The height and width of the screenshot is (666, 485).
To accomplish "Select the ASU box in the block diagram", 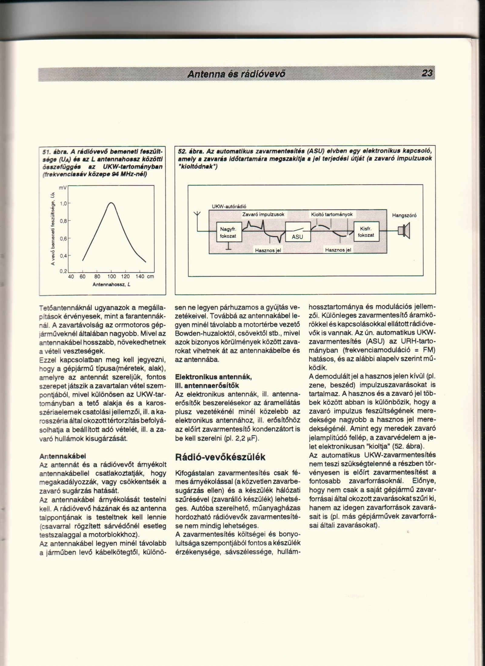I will click(x=298, y=232).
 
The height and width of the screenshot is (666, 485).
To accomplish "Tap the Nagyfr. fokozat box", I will click(x=229, y=232).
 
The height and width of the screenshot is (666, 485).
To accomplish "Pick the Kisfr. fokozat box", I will click(x=366, y=232).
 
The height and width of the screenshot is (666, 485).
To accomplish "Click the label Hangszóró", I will click(x=404, y=215).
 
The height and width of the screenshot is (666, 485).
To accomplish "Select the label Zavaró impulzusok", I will click(x=263, y=214).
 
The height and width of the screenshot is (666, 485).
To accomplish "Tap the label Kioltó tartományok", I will click(x=332, y=214).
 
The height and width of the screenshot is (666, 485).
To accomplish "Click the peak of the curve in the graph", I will click(x=111, y=203).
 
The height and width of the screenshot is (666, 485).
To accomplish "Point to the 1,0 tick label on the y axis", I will click(x=63, y=203).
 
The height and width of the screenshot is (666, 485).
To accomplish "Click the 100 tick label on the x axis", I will click(x=112, y=277).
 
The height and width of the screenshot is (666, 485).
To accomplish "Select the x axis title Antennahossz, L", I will click(x=111, y=285).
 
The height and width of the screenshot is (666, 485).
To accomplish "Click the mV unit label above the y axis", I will click(x=63, y=188).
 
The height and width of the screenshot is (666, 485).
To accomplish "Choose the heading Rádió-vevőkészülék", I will click(x=220, y=457).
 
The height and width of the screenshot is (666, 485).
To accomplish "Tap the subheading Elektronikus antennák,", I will click(x=213, y=377).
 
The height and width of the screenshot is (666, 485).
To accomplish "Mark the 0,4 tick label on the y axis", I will click(x=63, y=256).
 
